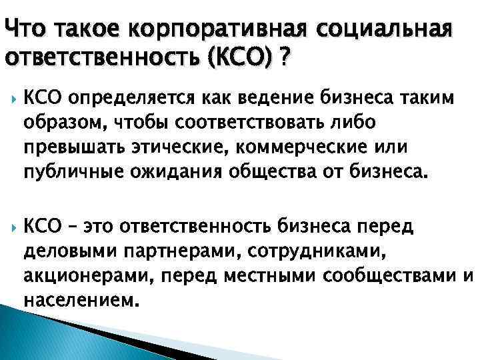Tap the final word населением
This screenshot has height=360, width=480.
click(x=81, y=299)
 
